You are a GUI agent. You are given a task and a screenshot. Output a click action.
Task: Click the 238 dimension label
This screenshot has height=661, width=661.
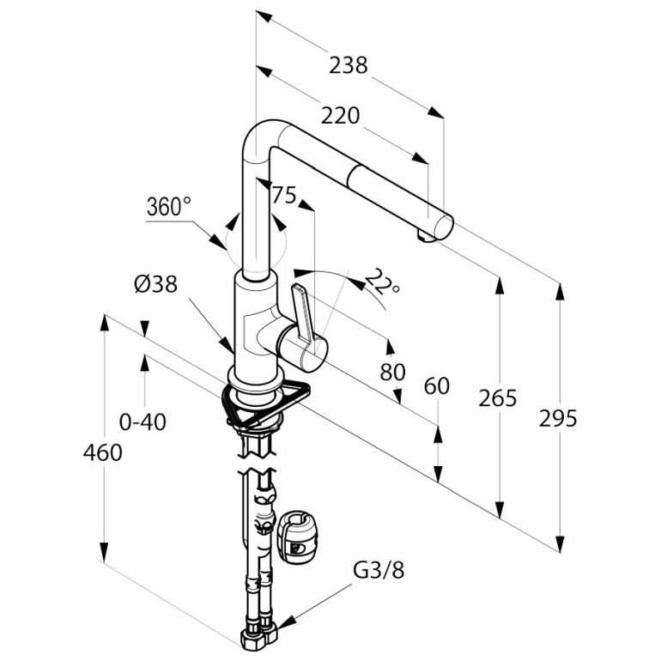point(349,65)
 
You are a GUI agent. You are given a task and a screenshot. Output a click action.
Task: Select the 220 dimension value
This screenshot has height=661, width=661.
point(340,116)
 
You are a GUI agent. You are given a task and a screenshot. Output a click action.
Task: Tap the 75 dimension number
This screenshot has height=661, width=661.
point(284,195)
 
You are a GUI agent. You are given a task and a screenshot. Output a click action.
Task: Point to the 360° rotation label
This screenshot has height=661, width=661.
point(168,207)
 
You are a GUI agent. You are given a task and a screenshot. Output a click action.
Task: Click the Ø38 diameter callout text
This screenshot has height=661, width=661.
point(156,284)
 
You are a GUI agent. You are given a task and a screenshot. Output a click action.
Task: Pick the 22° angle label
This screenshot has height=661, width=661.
point(382,282)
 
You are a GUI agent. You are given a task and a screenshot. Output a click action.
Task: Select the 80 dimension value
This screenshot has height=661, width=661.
point(392,372)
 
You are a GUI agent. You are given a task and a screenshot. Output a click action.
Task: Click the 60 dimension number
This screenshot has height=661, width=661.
point(437,385)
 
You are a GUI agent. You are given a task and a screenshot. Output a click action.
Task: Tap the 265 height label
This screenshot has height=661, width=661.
point(497,398)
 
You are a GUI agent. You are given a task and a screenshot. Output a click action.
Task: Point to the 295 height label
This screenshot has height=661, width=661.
point(558,419)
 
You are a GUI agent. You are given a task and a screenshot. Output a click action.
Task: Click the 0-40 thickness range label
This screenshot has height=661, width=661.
point(143,422)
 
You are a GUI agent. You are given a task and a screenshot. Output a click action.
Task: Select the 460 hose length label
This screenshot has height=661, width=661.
point(102,452)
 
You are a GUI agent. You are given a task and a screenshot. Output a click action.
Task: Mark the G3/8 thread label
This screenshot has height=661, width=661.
point(378,571)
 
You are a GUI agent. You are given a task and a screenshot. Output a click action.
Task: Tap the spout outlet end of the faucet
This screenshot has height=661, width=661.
point(439,228)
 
